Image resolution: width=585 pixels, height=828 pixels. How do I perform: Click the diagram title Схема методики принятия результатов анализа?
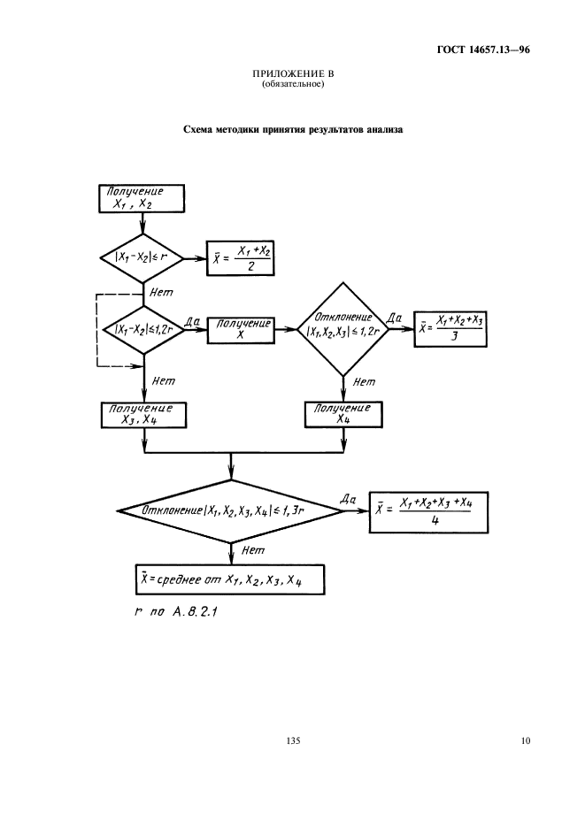coord(292,129)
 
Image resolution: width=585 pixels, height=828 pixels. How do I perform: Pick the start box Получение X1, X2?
coord(142,199)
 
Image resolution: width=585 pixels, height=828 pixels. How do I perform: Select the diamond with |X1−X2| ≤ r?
coord(142,258)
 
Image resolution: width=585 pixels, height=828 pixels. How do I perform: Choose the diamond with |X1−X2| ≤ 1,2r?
coord(142,331)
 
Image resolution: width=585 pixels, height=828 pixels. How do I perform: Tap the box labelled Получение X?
coord(240,331)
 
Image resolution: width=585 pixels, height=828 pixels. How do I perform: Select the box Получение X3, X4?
coord(142,415)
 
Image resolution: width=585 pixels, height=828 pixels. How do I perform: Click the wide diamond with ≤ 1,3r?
coord(230,511)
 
